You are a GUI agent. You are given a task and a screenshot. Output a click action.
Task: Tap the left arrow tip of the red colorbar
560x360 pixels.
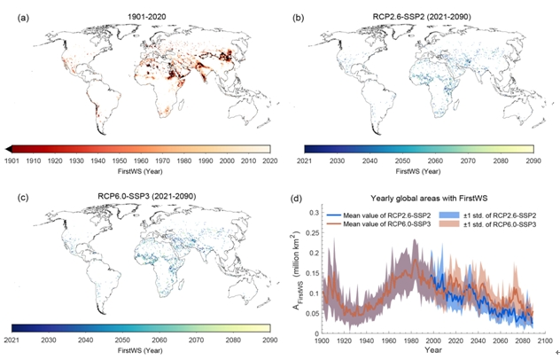pos(7,149)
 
